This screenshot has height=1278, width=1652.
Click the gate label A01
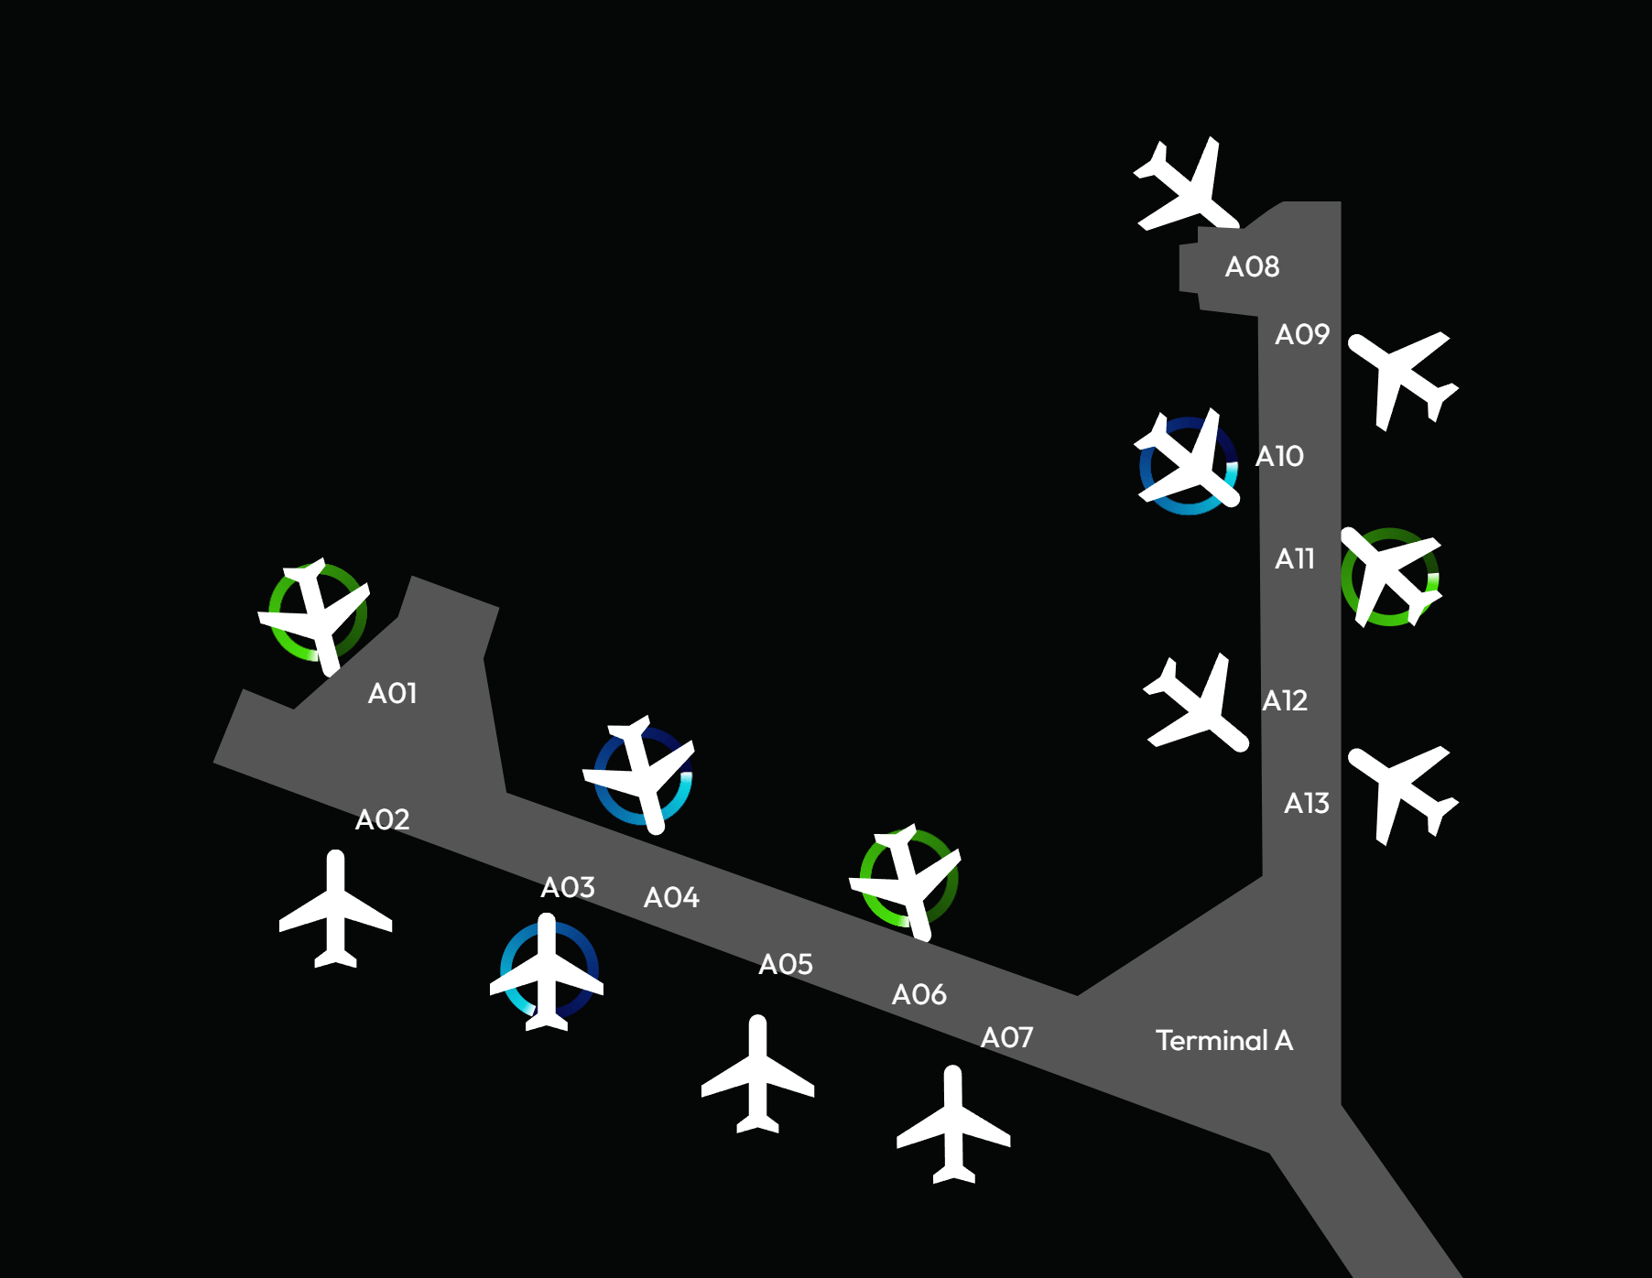(392, 694)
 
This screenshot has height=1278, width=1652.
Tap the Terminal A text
(1223, 1041)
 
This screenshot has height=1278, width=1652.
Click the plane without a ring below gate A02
(335, 911)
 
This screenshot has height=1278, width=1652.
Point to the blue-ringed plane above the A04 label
(642, 775)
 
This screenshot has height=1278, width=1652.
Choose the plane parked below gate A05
(757, 1076)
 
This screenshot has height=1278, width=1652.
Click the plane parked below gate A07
(953, 1126)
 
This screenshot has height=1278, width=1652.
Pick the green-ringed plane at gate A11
(1389, 577)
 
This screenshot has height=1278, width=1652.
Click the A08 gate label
(1252, 267)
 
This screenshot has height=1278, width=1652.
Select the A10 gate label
(1279, 456)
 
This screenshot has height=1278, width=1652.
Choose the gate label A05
(786, 964)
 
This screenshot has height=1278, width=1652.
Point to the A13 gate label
(1306, 804)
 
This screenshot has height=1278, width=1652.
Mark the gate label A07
(1006, 1038)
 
